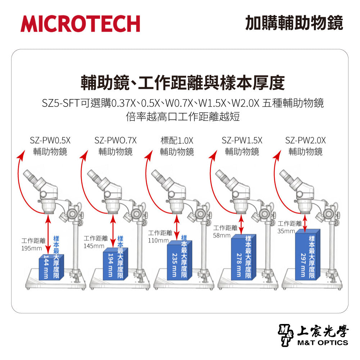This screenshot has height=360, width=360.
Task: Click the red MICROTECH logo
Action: (80, 24)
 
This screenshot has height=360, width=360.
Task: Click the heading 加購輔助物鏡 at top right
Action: (294, 23)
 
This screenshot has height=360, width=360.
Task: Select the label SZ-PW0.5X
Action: (50, 140)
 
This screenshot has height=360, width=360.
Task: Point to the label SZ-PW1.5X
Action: (242, 140)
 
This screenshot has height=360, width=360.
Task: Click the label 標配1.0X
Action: (177, 140)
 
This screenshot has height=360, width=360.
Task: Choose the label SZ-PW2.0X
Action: (305, 140)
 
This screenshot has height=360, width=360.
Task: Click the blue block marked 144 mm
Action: (51, 266)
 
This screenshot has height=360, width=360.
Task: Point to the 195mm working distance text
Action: (32, 248)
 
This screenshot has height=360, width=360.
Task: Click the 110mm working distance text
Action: (158, 240)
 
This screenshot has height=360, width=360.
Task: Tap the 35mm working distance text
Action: (286, 231)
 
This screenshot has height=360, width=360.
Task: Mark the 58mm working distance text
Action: (222, 235)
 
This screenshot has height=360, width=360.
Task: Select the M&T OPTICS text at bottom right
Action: (323, 343)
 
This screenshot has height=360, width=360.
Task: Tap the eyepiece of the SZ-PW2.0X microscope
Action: (286, 176)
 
